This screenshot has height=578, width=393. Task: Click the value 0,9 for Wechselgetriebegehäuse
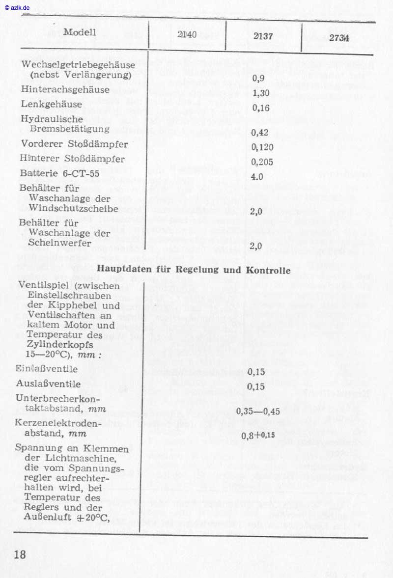pyautogui.click(x=258, y=78)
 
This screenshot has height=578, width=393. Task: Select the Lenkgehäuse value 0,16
pyautogui.click(x=260, y=109)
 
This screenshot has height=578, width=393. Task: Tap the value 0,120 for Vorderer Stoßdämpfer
pyautogui.click(x=262, y=147)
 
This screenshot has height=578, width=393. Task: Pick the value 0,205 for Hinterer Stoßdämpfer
pyautogui.click(x=262, y=162)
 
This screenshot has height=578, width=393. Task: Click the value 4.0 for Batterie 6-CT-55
pyautogui.click(x=257, y=176)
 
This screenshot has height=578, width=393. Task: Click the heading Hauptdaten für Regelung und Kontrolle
pyautogui.click(x=194, y=270)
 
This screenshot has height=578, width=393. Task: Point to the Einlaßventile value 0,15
pyautogui.click(x=256, y=372)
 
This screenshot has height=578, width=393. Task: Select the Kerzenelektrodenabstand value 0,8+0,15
pyautogui.click(x=258, y=435)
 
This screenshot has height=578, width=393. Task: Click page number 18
pyautogui.click(x=20, y=555)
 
